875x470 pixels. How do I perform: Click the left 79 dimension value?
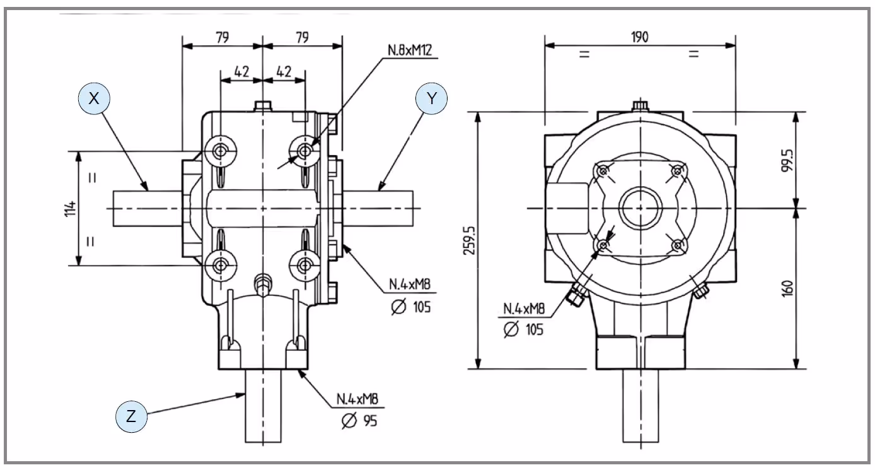tap(221, 37)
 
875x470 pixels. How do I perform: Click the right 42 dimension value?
tap(284, 71)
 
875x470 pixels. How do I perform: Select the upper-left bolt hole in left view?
tap(221, 151)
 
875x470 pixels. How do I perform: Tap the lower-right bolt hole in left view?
tap(305, 263)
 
